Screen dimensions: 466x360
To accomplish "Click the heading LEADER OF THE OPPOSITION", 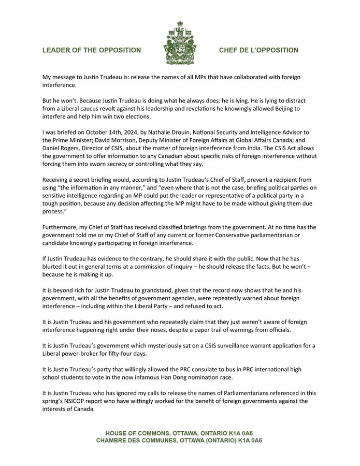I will (x=92, y=50).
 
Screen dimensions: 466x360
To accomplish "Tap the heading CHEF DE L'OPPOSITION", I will (x=258, y=50).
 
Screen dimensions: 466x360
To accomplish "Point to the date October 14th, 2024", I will (x=110, y=132).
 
